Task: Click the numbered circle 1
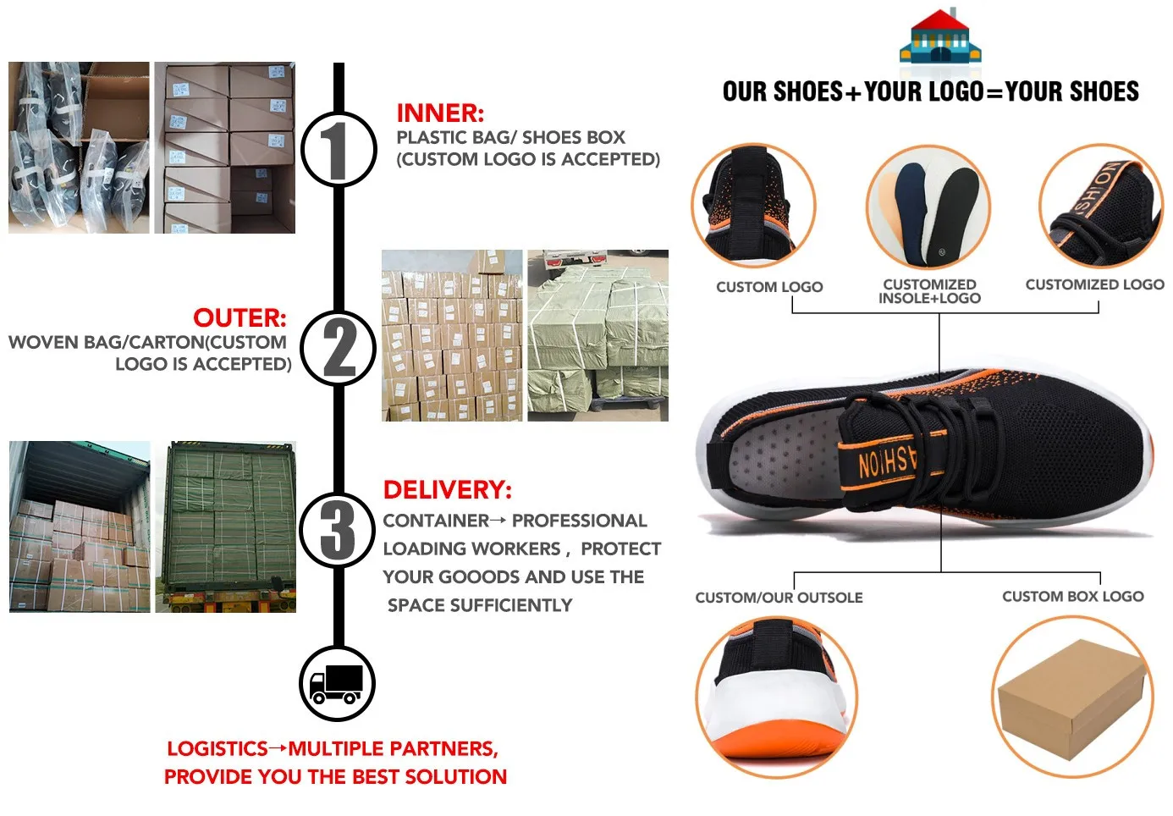[x=339, y=149]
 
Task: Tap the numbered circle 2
[x=339, y=348]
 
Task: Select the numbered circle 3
[x=338, y=529]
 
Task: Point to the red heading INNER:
[x=440, y=113]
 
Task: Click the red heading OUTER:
[x=240, y=318]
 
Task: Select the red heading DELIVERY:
[x=447, y=490]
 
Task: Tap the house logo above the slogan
[x=939, y=38]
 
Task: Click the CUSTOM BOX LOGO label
[x=1072, y=597]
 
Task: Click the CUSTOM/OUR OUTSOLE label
[x=779, y=598]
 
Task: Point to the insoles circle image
[x=928, y=208]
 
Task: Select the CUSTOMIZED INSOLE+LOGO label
[x=929, y=291]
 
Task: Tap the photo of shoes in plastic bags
[x=79, y=147]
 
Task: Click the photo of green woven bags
[x=598, y=335]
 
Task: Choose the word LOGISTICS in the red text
[x=218, y=749]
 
